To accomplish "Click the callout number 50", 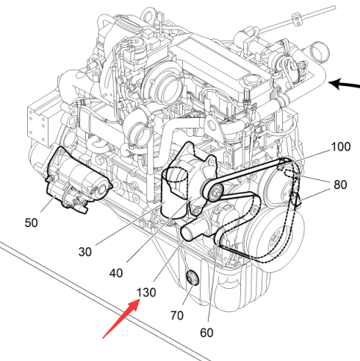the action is point(31,223).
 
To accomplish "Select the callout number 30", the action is point(85,252).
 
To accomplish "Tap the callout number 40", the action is point(116,273).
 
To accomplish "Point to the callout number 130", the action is point(146,293).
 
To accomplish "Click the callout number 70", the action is point(177,315).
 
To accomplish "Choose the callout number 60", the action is point(206,333).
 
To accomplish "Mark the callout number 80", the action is point(340,185).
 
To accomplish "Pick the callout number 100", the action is point(341,147).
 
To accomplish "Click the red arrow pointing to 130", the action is point(121,319).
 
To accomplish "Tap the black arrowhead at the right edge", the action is point(336,84).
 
